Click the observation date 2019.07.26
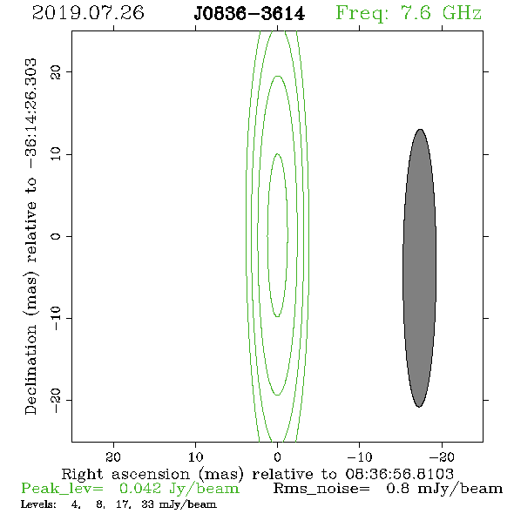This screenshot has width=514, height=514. pyautogui.click(x=88, y=13)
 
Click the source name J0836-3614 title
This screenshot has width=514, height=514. pyautogui.click(x=249, y=14)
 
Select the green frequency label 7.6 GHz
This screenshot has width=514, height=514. pyautogui.click(x=409, y=13)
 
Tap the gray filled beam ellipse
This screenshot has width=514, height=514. pyautogui.click(x=419, y=267)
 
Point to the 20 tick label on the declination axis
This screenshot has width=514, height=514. pyautogui.click(x=56, y=71)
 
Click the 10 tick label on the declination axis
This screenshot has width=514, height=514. pyautogui.click(x=56, y=153)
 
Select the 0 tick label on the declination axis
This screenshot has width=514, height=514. pyautogui.click(x=56, y=236)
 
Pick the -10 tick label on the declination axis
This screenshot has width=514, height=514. pyautogui.click(x=56, y=318)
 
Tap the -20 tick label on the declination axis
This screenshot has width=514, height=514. pyautogui.click(x=56, y=400)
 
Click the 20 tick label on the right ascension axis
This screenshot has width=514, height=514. pyautogui.click(x=113, y=457)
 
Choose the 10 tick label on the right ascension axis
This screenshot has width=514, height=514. pyautogui.click(x=196, y=457)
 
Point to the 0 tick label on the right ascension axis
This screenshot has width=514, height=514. pyautogui.click(x=278, y=457)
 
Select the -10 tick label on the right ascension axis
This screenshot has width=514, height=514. pyautogui.click(x=360, y=457)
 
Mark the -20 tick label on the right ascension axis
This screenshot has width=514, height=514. pyautogui.click(x=442, y=457)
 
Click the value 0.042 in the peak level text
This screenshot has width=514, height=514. pyautogui.click(x=140, y=489)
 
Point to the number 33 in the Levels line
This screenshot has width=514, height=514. pyautogui.click(x=148, y=504)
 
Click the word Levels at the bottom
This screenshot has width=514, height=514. pyautogui.click(x=38, y=504)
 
